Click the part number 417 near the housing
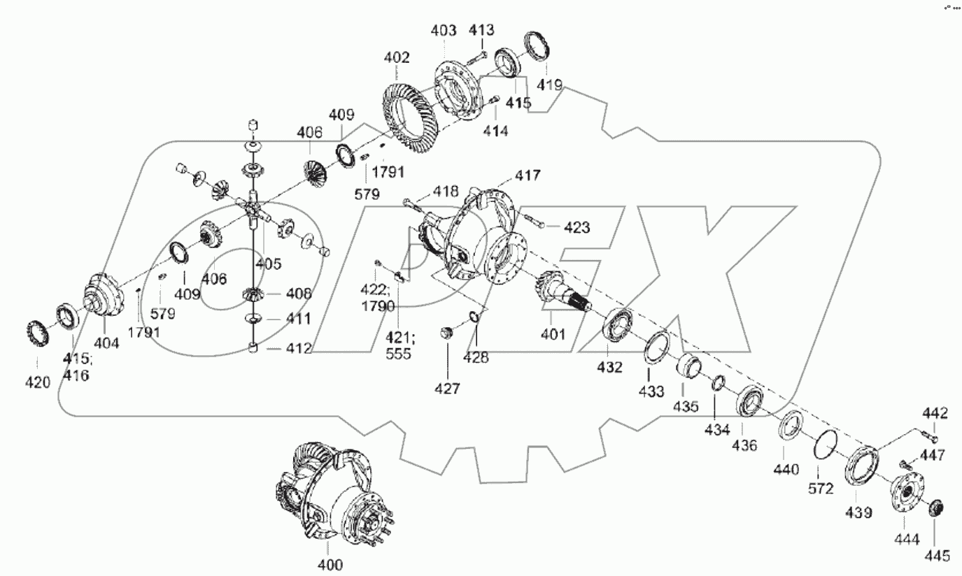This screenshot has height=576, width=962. [528, 175]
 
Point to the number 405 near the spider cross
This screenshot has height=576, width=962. [267, 264]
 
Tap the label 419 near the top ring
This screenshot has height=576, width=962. [549, 85]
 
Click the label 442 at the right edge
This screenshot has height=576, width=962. [935, 414]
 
